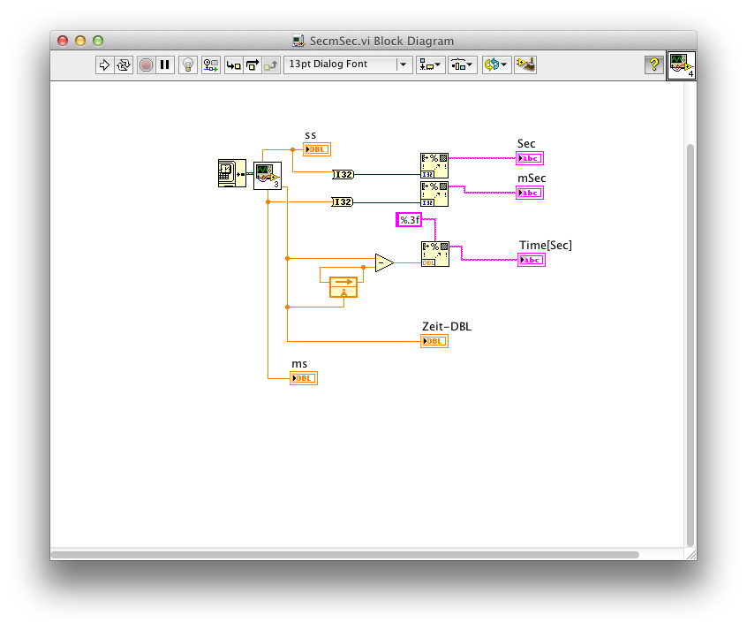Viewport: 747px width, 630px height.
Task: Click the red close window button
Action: [x=63, y=41]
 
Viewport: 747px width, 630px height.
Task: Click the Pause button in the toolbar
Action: [x=165, y=65]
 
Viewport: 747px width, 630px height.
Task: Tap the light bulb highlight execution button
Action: [x=187, y=65]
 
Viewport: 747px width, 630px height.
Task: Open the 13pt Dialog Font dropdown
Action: [x=348, y=65]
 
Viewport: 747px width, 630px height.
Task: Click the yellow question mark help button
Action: [x=653, y=65]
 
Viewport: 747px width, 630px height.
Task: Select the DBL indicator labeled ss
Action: [x=317, y=149]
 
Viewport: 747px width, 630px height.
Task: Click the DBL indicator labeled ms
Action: [x=304, y=378]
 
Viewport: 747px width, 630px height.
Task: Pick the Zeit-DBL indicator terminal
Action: [x=434, y=341]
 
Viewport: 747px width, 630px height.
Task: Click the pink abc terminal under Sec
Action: [x=530, y=158]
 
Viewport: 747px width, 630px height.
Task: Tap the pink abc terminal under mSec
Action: [x=530, y=192]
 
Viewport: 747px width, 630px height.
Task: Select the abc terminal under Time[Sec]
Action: [x=532, y=260]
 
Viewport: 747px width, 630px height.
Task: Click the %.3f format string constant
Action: [x=410, y=220]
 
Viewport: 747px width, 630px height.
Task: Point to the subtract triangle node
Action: [x=383, y=262]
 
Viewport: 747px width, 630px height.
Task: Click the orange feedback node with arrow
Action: [x=343, y=286]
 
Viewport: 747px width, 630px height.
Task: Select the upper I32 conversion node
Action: [x=343, y=175]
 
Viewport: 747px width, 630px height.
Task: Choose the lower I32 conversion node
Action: [x=343, y=202]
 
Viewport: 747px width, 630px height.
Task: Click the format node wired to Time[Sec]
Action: [x=434, y=254]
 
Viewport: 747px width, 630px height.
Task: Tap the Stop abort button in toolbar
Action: [x=146, y=65]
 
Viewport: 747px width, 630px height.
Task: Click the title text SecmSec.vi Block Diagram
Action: [x=381, y=41]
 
